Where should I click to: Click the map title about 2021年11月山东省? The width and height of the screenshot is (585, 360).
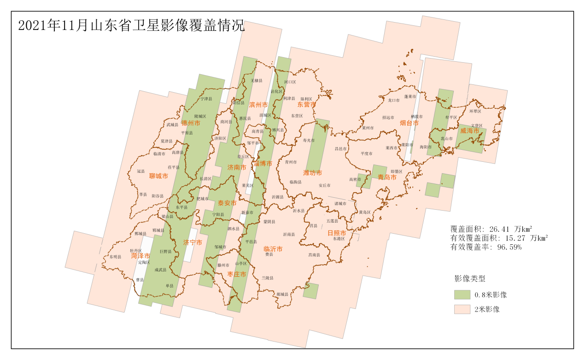(x=131, y=26)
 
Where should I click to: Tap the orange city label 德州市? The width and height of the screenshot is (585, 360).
(x=190, y=123)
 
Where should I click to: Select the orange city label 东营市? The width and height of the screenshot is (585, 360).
(x=306, y=105)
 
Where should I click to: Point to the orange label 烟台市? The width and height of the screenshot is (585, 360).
(x=409, y=123)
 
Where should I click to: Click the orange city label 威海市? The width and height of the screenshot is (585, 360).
(x=470, y=131)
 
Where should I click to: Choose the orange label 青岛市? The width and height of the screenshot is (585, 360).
(x=387, y=177)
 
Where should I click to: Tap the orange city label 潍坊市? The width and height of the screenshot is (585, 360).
(x=312, y=173)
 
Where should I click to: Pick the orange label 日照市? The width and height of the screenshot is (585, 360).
(x=336, y=233)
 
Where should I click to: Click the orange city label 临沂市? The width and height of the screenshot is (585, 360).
(x=273, y=249)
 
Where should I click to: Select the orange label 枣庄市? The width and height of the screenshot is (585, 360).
(x=236, y=274)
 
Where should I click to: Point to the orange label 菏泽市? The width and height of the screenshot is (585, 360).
(x=140, y=256)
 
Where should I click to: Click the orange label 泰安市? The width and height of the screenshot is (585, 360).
(x=227, y=203)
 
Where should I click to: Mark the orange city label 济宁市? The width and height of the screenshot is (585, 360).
(x=193, y=242)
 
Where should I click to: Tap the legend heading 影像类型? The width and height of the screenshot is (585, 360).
(x=469, y=278)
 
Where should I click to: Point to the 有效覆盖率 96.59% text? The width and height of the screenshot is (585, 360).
(x=486, y=248)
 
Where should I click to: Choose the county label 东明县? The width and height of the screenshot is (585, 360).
(x=115, y=257)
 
